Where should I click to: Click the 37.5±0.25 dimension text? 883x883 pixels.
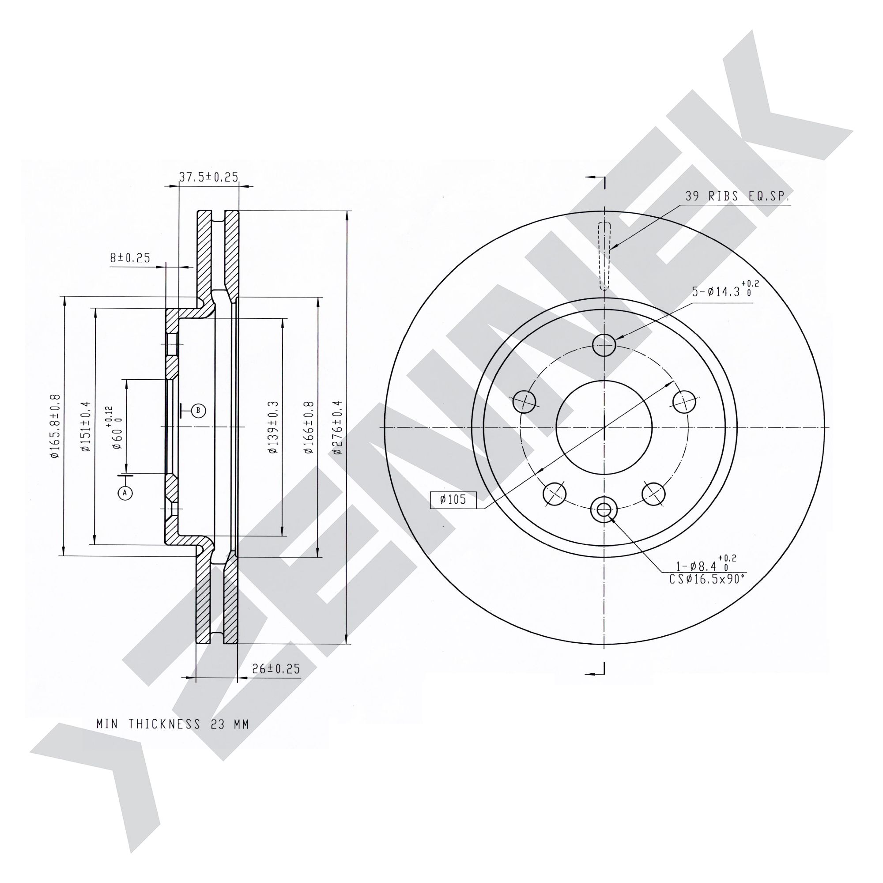pos(208,177)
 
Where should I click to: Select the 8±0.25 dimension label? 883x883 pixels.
pos(130,258)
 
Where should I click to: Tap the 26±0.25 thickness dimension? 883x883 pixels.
pos(276,669)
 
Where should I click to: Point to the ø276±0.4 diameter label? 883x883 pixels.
pos(337,427)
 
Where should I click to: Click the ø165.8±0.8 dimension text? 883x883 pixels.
pos(55,426)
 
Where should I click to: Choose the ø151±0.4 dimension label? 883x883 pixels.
pos(86,426)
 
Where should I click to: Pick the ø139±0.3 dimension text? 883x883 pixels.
pos(273,427)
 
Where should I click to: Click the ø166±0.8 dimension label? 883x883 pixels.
pos(309,427)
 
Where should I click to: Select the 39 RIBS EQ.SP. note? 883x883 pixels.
pos(737,196)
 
